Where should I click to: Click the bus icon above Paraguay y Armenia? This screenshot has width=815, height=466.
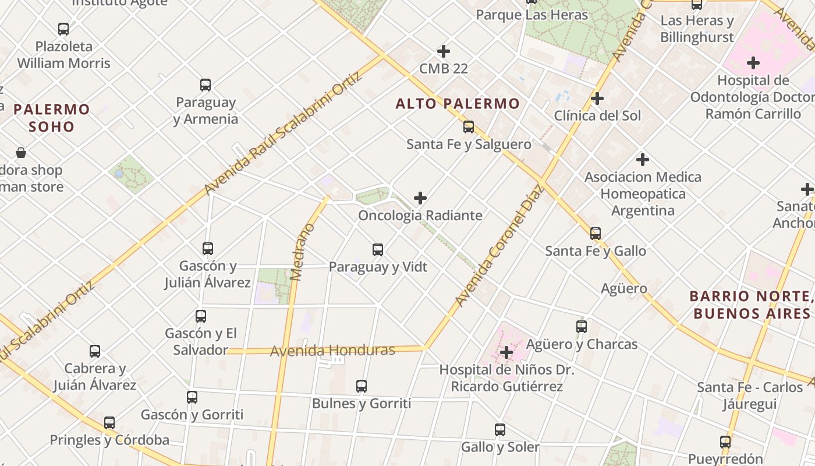(x=205, y=85)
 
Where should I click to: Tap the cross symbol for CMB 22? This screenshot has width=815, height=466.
(x=444, y=51)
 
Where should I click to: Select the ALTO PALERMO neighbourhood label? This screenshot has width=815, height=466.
(x=458, y=104)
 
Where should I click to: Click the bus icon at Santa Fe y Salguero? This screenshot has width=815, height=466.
(x=469, y=127)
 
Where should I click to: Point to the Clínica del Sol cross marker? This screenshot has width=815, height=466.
(x=597, y=98)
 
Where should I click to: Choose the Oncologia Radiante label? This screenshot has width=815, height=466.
(x=420, y=216)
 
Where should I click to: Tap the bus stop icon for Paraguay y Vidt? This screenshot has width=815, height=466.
(x=378, y=250)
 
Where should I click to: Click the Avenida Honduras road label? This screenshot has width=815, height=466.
(x=332, y=351)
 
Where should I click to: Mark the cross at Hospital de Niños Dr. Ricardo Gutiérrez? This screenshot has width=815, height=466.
(x=506, y=352)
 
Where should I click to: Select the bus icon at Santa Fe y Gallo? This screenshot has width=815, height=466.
(x=596, y=234)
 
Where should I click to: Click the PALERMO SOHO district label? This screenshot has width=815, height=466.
(x=52, y=118)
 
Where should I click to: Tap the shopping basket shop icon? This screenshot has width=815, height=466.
(x=21, y=153)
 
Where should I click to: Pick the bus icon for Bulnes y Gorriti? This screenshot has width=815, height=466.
(x=362, y=386)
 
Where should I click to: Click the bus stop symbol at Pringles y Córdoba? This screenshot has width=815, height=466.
(x=109, y=423)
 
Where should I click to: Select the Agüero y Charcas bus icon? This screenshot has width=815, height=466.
(x=582, y=327)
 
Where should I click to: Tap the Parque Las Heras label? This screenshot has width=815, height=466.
(x=532, y=15)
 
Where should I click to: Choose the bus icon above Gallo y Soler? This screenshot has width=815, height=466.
(x=500, y=430)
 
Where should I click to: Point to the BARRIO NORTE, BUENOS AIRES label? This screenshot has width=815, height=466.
(x=751, y=305)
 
